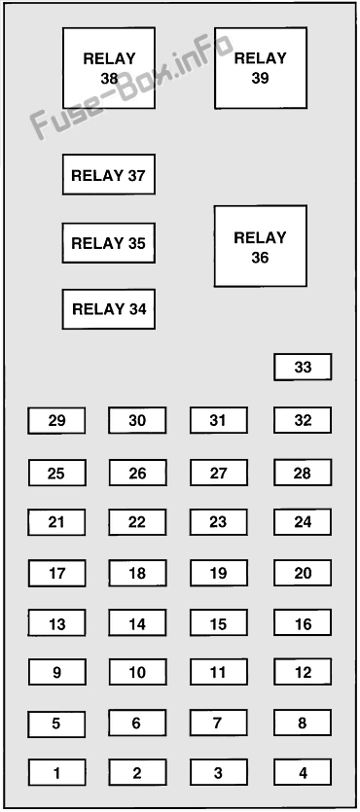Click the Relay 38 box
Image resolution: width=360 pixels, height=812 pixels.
coord(109,68)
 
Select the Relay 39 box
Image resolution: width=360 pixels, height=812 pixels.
coord(261,68)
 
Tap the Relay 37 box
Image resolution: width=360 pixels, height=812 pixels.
coord(109,174)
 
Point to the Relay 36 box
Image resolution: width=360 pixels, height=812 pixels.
coord(261,246)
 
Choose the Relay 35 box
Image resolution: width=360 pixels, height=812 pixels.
coord(109,243)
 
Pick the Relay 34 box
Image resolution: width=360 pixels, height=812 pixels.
coord(109,309)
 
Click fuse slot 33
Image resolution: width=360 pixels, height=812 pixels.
coord(303,368)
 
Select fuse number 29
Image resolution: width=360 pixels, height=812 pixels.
coord(56,420)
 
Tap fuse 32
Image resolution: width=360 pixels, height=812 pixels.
coord(303,420)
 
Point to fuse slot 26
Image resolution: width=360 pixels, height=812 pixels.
coord(137,473)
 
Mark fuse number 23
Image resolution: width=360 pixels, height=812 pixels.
coord(219,522)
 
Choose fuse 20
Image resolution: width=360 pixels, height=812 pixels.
coord(303,573)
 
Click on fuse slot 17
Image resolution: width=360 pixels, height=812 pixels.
coord(57,574)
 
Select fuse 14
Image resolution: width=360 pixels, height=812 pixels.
coord(137,623)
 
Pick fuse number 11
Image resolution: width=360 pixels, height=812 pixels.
coord(219,672)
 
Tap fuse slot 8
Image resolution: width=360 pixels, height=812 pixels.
coord(303,723)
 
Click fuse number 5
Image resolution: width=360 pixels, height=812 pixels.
coord(56,724)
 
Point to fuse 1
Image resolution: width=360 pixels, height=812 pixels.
coord(57,773)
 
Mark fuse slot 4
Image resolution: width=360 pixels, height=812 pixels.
coord(303,772)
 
